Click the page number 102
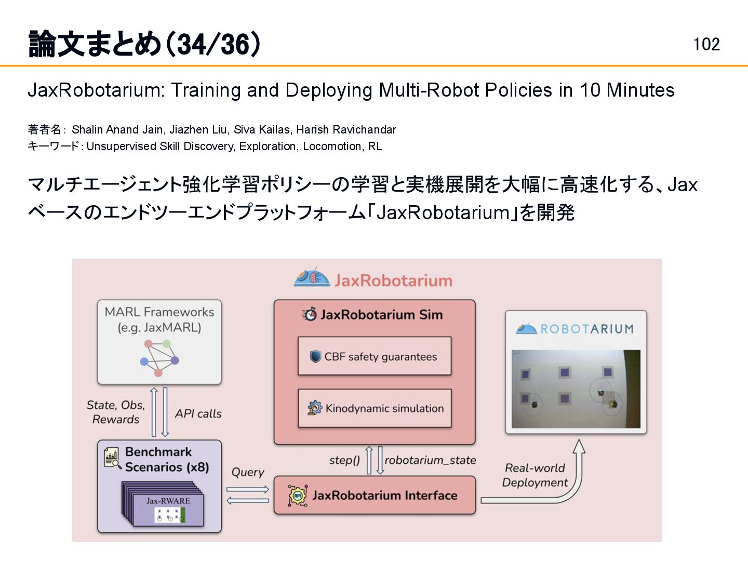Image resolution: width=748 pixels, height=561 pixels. (x=706, y=44)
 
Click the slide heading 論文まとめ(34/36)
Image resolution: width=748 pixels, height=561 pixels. (x=144, y=44)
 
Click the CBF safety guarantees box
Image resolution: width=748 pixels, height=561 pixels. (x=375, y=356)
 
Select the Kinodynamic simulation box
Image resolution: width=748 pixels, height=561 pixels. (x=375, y=408)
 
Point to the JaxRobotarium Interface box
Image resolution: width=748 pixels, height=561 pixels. (x=375, y=496)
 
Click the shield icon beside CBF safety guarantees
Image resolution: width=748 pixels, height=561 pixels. (x=315, y=356)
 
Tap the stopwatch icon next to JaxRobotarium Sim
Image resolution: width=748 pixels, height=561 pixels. (x=310, y=314)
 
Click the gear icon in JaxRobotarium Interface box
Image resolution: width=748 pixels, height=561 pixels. (x=298, y=496)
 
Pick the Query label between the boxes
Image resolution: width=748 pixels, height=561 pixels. (x=248, y=472)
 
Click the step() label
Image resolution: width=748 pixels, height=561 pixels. (x=344, y=460)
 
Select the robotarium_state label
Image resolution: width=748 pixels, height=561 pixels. (x=430, y=460)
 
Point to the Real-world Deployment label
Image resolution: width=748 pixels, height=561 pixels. (x=535, y=475)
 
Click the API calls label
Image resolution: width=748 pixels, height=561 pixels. (x=198, y=413)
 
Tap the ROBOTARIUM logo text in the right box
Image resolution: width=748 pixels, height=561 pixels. (x=586, y=329)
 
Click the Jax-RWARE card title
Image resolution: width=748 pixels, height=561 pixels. (x=168, y=501)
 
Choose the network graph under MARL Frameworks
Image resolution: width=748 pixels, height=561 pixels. (x=159, y=357)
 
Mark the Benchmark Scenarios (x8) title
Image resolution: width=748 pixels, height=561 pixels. (x=167, y=459)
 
